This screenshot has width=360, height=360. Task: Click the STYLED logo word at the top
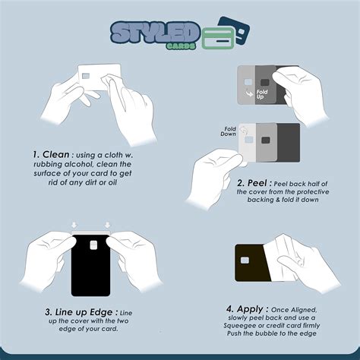pos(155,33)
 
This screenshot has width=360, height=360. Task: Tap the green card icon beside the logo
pos(218,37)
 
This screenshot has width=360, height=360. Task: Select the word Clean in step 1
pos(55,154)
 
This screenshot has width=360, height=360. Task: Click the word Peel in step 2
pos(257,183)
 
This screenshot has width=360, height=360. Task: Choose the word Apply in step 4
pos(250,309)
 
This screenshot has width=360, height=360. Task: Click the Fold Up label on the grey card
pos(262,94)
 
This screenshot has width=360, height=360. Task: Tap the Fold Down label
pos(228,131)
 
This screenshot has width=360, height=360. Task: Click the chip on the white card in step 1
pos(86,76)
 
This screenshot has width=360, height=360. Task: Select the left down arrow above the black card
pos(74,225)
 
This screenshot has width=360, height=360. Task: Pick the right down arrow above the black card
pos(108,225)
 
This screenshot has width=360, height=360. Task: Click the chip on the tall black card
pos(93,245)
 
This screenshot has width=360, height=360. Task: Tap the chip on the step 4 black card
pos(245,261)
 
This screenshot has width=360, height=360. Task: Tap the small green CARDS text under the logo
pos(181,46)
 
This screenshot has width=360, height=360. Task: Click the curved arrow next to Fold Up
pos(249,93)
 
